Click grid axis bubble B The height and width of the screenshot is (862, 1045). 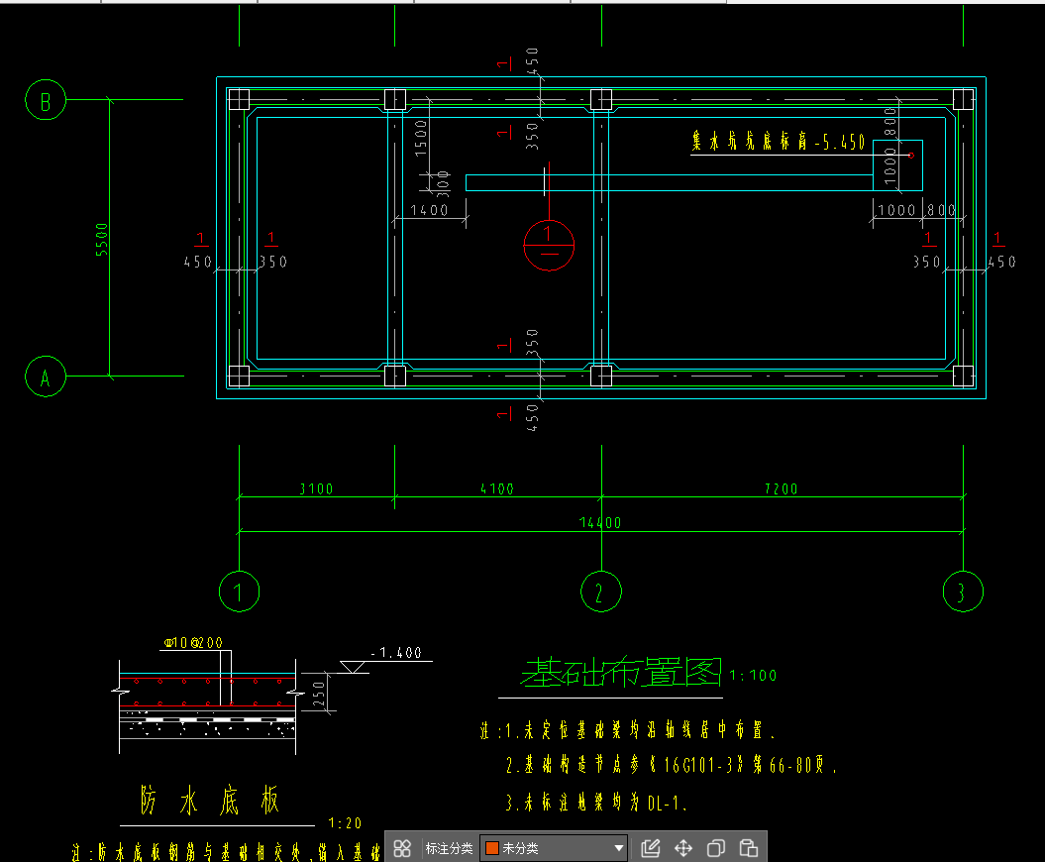pyautogui.click(x=46, y=100)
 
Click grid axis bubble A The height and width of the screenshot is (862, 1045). pyautogui.click(x=46, y=377)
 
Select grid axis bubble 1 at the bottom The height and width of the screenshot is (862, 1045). pyautogui.click(x=239, y=592)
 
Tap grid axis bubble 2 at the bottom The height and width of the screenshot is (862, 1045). pyautogui.click(x=599, y=592)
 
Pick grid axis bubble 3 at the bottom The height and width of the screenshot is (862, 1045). pyautogui.click(x=961, y=592)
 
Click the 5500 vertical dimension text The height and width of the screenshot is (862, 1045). pyautogui.click(x=101, y=240)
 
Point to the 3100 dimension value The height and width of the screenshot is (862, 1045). pyautogui.click(x=316, y=488)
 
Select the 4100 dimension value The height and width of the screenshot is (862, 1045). pyautogui.click(x=496, y=488)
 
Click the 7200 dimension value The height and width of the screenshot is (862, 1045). pyautogui.click(x=781, y=488)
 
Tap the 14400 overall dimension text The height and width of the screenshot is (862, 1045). pyautogui.click(x=599, y=523)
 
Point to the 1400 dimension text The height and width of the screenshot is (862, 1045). pyautogui.click(x=428, y=210)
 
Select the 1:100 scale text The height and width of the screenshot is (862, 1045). pyautogui.click(x=753, y=676)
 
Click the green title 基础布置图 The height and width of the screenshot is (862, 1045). pyautogui.click(x=622, y=673)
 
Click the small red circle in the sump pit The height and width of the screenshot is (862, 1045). pyautogui.click(x=910, y=155)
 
